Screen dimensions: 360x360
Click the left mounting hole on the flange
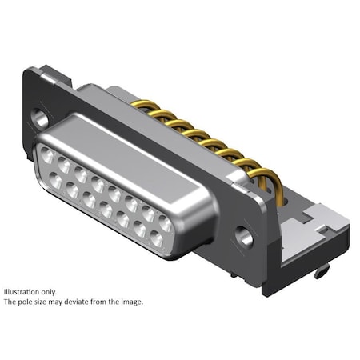(x=38, y=118)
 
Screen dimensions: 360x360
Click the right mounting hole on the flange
(x=246, y=237)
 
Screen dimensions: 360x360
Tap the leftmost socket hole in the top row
(x=46, y=158)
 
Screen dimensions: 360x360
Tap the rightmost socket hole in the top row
(x=166, y=224)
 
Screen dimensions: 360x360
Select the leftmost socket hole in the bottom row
(x=55, y=181)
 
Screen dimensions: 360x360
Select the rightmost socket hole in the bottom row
(x=157, y=239)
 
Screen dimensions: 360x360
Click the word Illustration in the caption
(x=24, y=292)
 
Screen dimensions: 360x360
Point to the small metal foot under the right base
(x=321, y=272)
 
